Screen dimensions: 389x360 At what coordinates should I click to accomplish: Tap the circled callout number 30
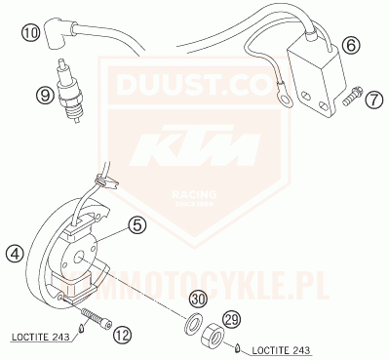coord(197,299)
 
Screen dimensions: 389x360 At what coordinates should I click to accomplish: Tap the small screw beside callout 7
coord(351,97)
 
